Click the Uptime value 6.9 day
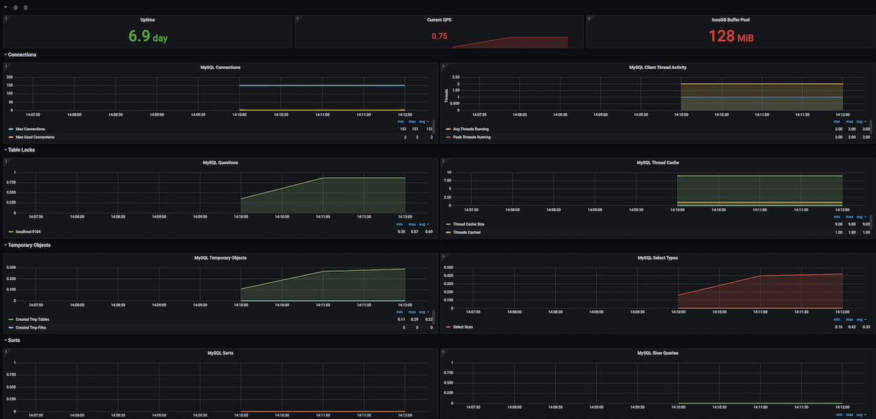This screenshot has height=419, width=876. [147, 36]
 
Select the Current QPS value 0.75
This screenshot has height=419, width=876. [439, 36]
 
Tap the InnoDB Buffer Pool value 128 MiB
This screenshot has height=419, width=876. [730, 36]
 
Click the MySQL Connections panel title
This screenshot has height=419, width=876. [220, 68]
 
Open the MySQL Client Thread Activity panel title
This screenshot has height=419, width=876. [658, 68]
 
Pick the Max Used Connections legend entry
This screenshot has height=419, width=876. [35, 137]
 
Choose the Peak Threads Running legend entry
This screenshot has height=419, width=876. [471, 137]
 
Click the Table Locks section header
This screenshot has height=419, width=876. [21, 150]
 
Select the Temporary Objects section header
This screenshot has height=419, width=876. [28, 245]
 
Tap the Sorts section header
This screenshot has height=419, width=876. [14, 341]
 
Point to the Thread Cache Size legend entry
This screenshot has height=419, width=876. [469, 224]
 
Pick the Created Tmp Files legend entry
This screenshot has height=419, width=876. [32, 327]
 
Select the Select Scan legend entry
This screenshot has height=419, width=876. [463, 327]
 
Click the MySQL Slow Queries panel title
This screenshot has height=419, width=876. [658, 353]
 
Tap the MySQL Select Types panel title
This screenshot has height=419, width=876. [658, 258]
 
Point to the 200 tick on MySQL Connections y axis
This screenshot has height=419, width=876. [10, 77]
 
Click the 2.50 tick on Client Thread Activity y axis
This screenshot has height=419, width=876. [456, 77]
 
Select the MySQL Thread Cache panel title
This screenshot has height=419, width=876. [658, 163]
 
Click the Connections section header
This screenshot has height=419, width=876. [22, 55]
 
